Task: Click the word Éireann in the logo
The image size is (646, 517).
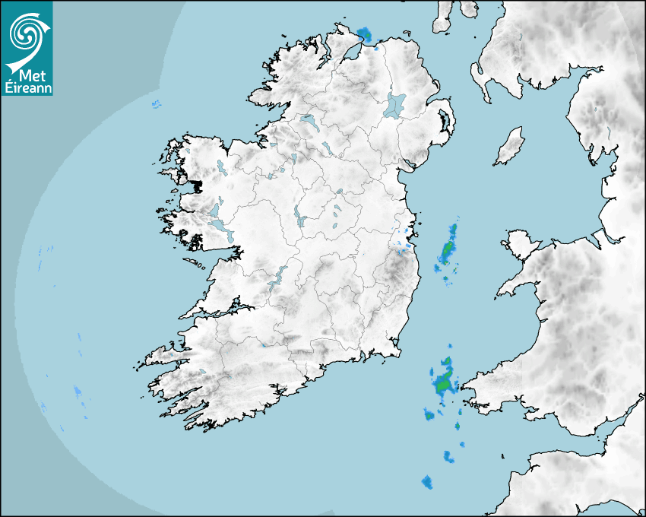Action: (27, 87)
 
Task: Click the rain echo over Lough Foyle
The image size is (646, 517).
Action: (365, 34)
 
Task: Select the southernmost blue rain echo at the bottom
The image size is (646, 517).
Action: (426, 482)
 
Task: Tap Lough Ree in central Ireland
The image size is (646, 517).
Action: (299, 217)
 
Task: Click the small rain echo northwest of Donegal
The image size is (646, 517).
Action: (157, 104)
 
